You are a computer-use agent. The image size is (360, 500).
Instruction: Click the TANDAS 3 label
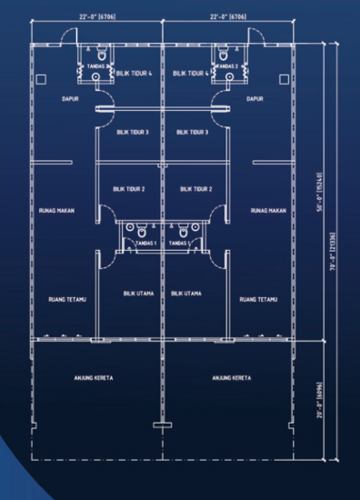pyautogui.click(x=100, y=66)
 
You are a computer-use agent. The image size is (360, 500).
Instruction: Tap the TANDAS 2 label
pyautogui.click(x=227, y=66)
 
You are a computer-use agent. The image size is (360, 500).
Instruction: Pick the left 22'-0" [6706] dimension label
pyautogui.click(x=95, y=15)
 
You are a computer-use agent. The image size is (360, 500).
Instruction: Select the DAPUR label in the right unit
pyautogui.click(x=255, y=98)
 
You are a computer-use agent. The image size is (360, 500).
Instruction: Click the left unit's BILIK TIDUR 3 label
pyautogui.click(x=133, y=133)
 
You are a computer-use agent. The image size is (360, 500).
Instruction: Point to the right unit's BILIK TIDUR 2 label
pyautogui.click(x=196, y=189)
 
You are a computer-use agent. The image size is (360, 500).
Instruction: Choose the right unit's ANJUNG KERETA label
pyautogui.click(x=232, y=377)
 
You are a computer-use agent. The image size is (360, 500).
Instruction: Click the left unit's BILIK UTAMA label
pyautogui.click(x=137, y=294)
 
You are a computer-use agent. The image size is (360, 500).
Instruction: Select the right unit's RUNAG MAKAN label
pyautogui.click(x=270, y=210)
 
